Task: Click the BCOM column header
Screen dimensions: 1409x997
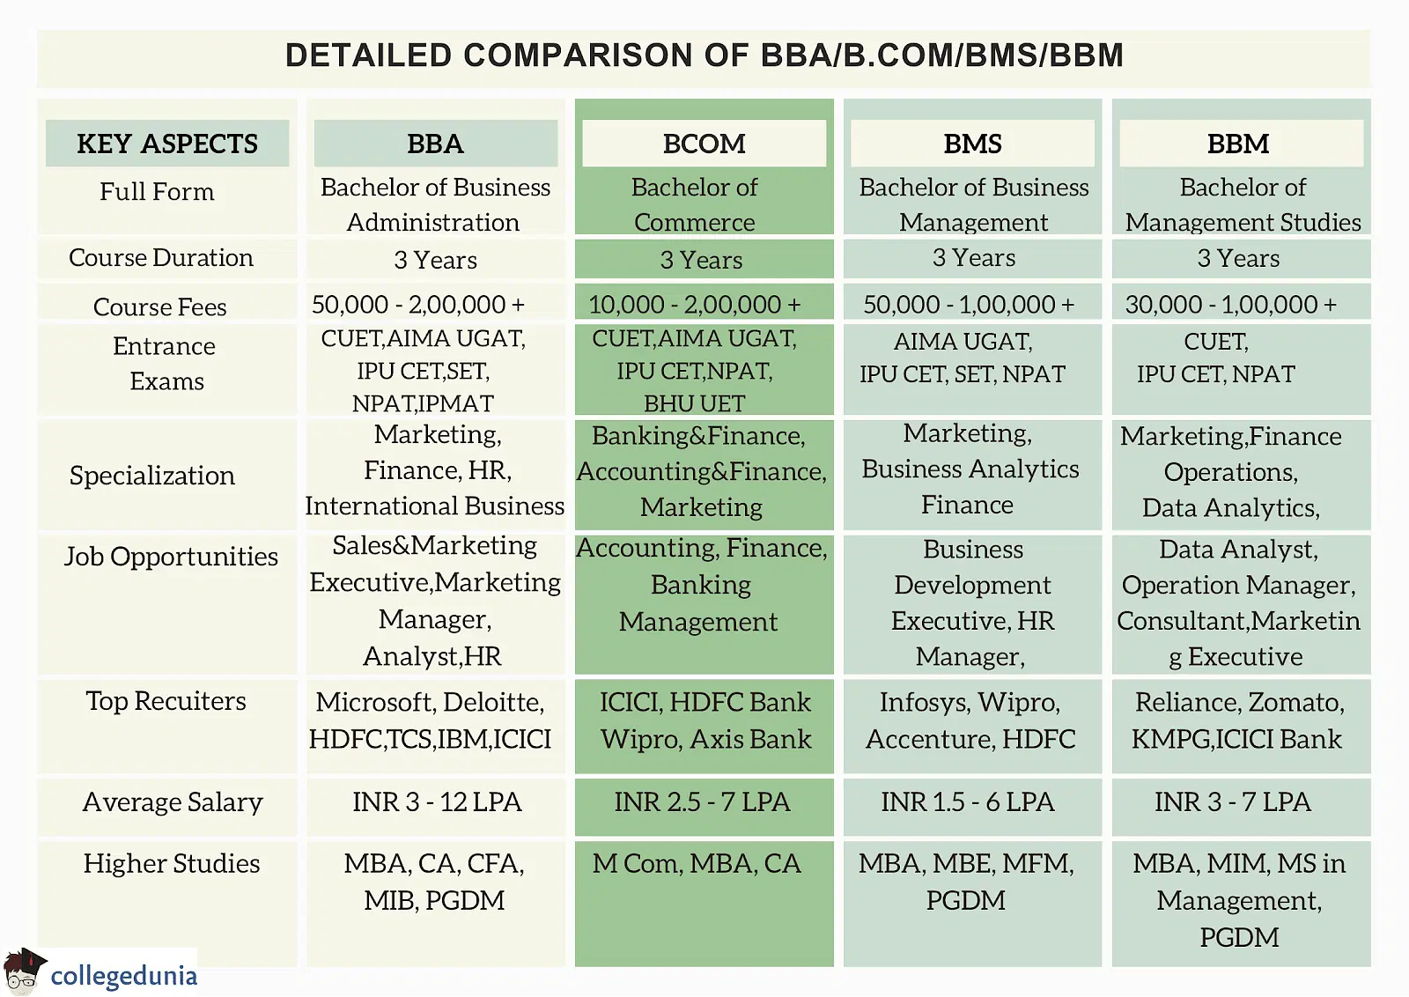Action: click(704, 144)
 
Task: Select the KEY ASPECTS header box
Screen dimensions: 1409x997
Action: click(167, 144)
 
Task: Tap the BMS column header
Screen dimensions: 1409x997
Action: click(972, 144)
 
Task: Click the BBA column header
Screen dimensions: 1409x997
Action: click(435, 144)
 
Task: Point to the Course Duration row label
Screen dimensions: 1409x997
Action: click(161, 258)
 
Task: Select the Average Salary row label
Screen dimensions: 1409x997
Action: click(173, 802)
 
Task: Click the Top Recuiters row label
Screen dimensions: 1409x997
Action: click(166, 701)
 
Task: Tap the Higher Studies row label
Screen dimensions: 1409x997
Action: click(172, 864)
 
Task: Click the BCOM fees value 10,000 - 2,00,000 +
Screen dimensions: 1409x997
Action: click(695, 305)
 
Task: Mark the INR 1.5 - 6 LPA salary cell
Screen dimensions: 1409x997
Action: click(968, 802)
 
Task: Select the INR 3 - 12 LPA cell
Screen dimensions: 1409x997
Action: click(437, 802)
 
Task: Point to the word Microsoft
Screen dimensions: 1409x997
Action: click(375, 702)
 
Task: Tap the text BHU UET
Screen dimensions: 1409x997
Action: click(695, 403)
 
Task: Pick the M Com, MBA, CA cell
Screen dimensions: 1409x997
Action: click(697, 864)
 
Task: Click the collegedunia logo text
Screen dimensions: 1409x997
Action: click(124, 976)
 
